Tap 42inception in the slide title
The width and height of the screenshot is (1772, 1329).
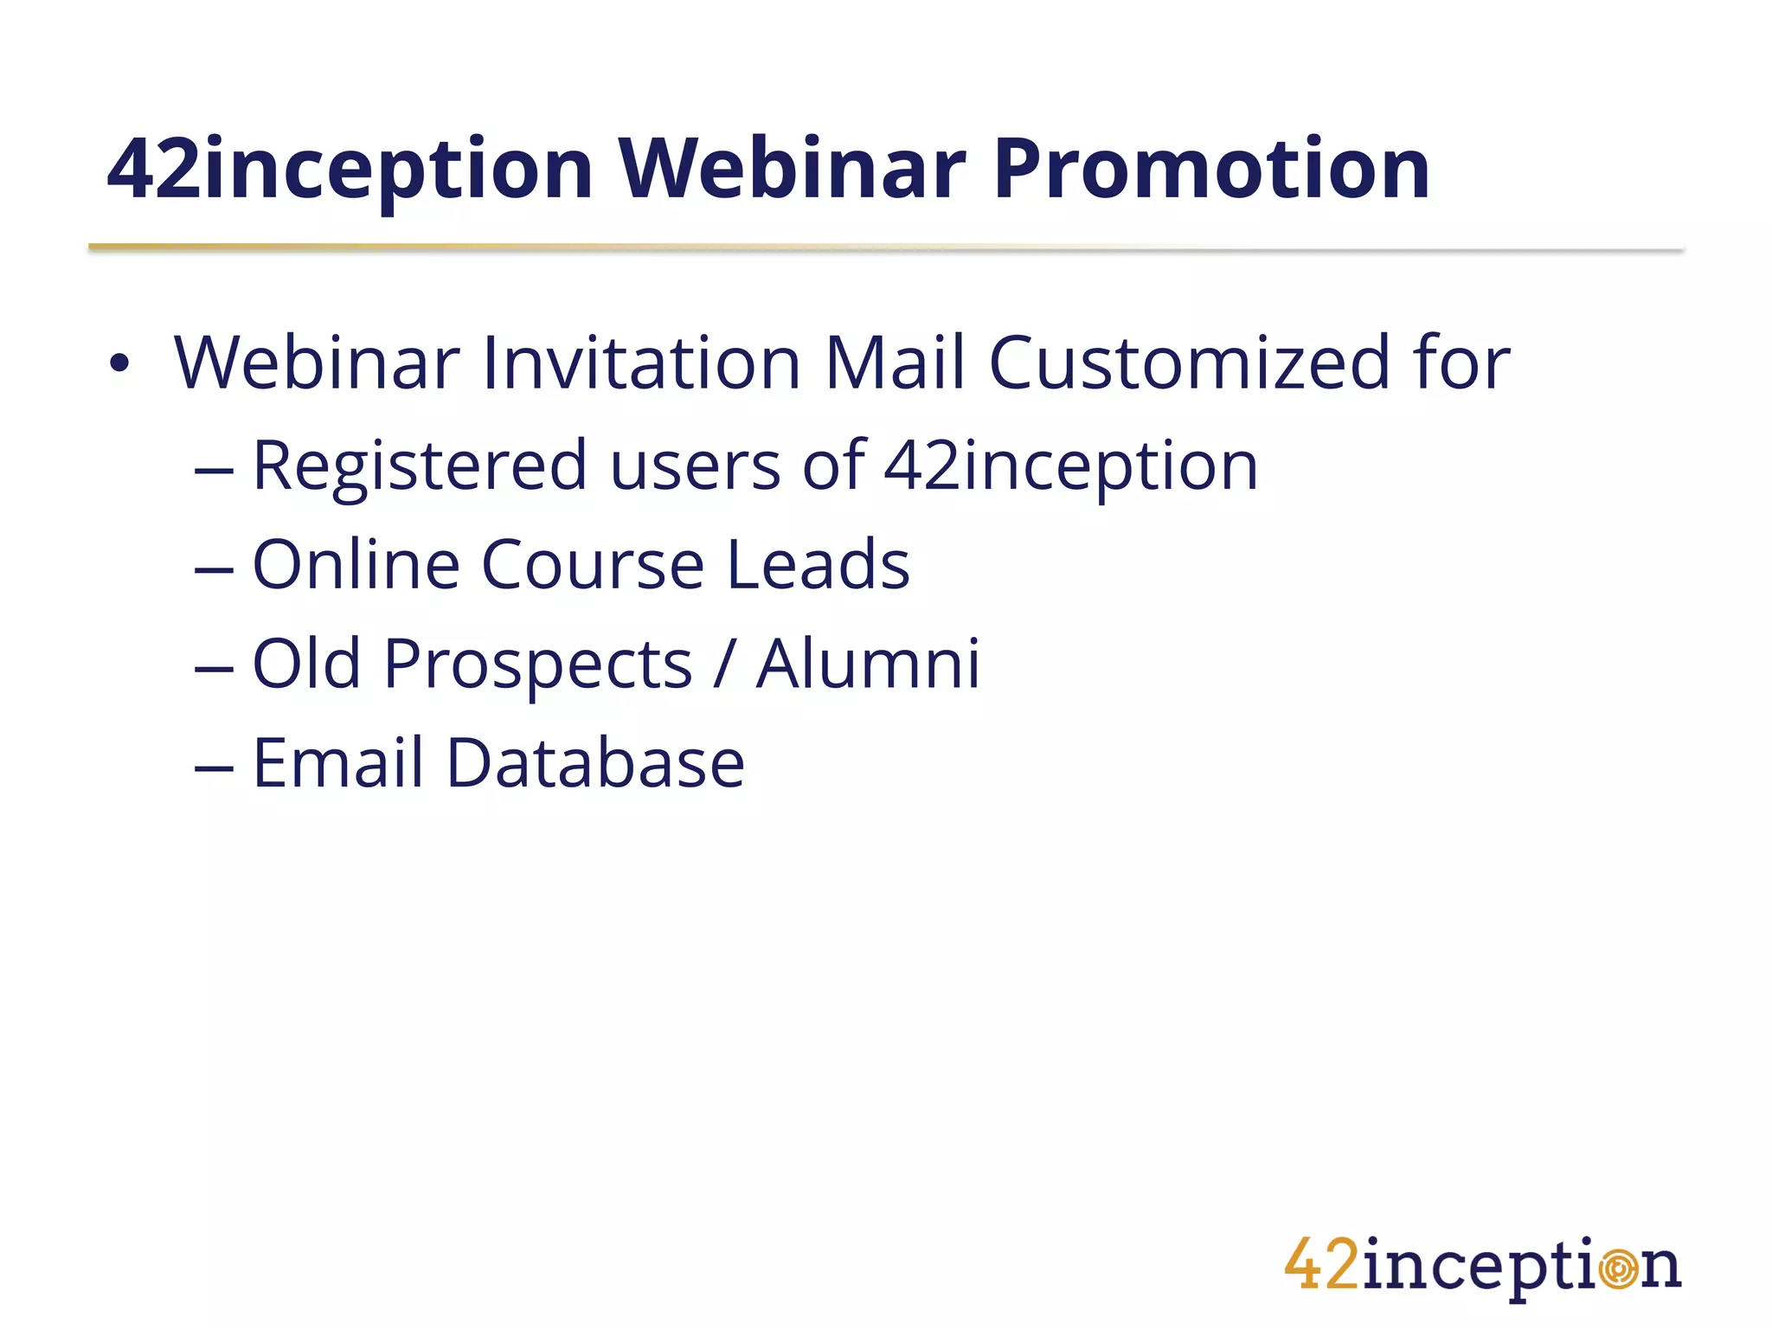[x=350, y=171]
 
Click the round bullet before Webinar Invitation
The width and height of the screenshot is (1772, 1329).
[x=119, y=364]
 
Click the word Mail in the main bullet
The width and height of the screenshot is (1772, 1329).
[x=894, y=363]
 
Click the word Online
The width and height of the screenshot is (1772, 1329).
[x=356, y=564]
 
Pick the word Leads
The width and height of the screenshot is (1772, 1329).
[x=818, y=564]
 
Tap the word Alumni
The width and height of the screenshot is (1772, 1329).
[x=868, y=664]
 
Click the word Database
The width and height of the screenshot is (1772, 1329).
[x=594, y=763]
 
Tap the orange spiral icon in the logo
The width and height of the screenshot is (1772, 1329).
[x=1617, y=1268]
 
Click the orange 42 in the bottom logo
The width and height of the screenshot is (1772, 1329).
[x=1322, y=1265]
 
